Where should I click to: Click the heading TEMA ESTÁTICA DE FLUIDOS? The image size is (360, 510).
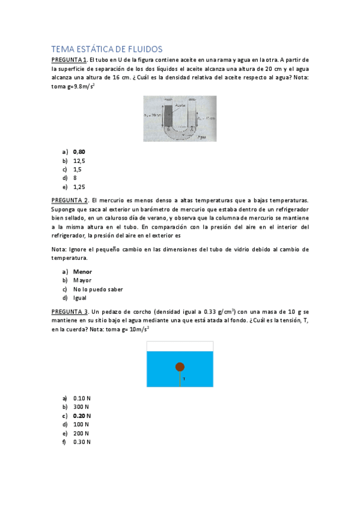click(x=107, y=49)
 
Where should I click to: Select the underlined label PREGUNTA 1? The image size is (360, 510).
click(x=69, y=60)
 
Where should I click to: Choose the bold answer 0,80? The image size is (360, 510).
click(x=79, y=152)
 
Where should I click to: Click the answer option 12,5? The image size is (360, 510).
click(x=79, y=161)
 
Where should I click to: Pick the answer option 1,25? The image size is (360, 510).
click(x=79, y=187)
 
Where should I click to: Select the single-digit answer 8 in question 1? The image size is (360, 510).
click(x=75, y=178)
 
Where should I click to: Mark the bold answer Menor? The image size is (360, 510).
click(x=82, y=271)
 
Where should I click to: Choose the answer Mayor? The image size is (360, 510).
click(x=82, y=280)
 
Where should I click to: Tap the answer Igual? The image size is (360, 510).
click(x=80, y=298)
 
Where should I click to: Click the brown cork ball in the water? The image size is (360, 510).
click(x=180, y=367)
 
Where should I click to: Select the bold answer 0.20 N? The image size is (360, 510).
click(x=82, y=416)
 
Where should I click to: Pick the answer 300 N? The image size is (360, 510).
click(x=81, y=407)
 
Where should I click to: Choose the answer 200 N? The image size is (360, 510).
click(x=81, y=433)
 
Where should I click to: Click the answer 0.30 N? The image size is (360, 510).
click(x=82, y=442)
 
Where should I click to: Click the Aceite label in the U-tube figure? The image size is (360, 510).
click(x=180, y=103)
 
